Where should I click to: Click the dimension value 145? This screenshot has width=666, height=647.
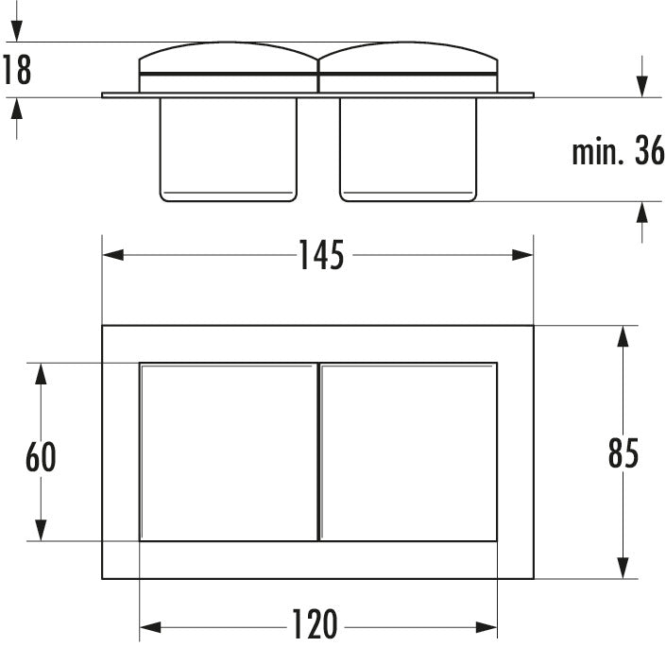321,255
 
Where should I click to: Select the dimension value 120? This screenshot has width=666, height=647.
315,623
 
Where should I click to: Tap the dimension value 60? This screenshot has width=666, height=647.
41,456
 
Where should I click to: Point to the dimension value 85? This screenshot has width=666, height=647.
623,453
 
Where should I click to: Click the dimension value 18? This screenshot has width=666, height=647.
17,70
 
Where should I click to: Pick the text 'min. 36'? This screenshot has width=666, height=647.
618,151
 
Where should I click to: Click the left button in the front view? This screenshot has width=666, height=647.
229,451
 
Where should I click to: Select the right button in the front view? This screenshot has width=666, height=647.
408,451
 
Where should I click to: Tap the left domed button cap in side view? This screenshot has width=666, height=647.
229,67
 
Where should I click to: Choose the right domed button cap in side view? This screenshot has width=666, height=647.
408,67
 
